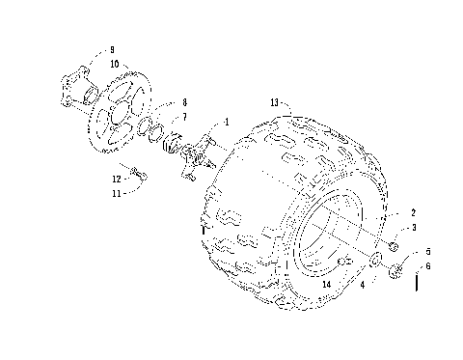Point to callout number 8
tap(184, 102)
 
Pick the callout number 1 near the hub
tap(227, 123)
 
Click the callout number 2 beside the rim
tap(414, 212)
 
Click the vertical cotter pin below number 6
tap(416, 284)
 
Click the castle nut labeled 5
tap(396, 273)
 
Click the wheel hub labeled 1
tap(193, 154)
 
